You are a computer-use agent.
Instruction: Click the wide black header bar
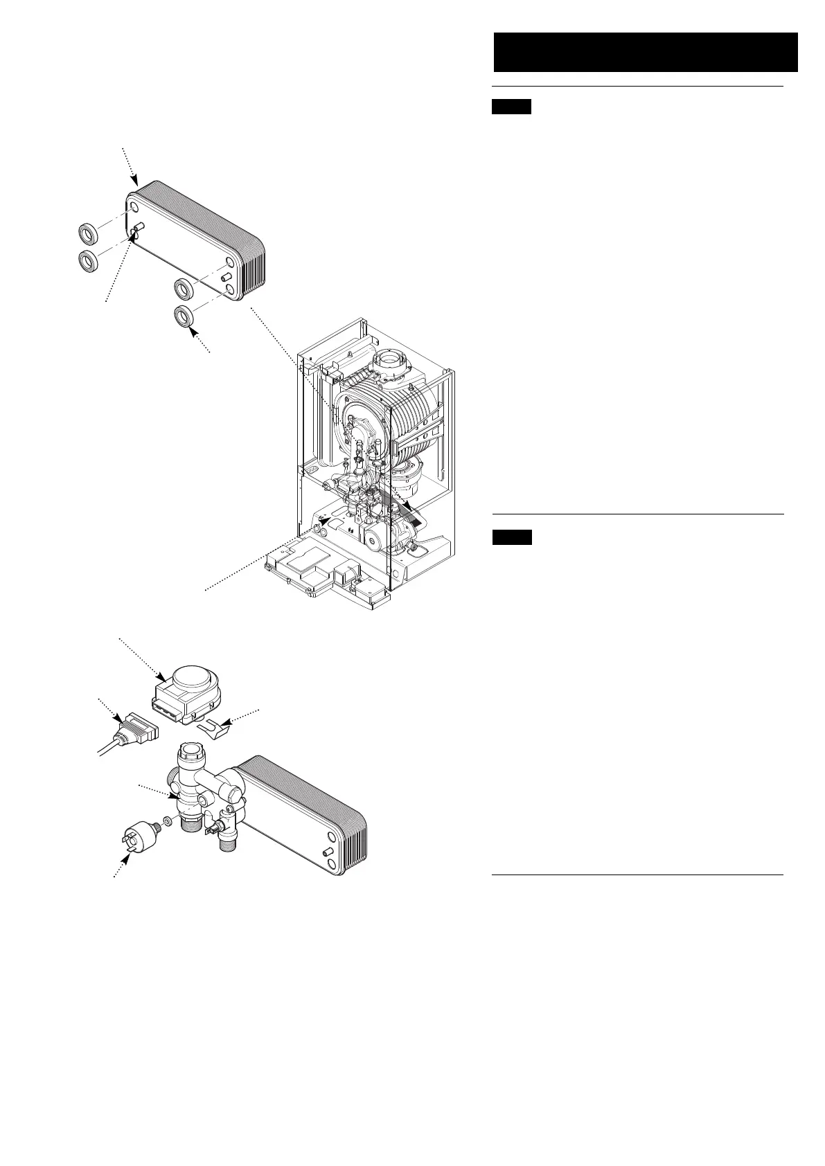tap(645, 52)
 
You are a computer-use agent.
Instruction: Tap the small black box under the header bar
tap(511, 107)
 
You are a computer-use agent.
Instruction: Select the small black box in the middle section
tap(512, 537)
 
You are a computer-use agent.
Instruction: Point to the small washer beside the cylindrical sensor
tap(167, 824)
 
